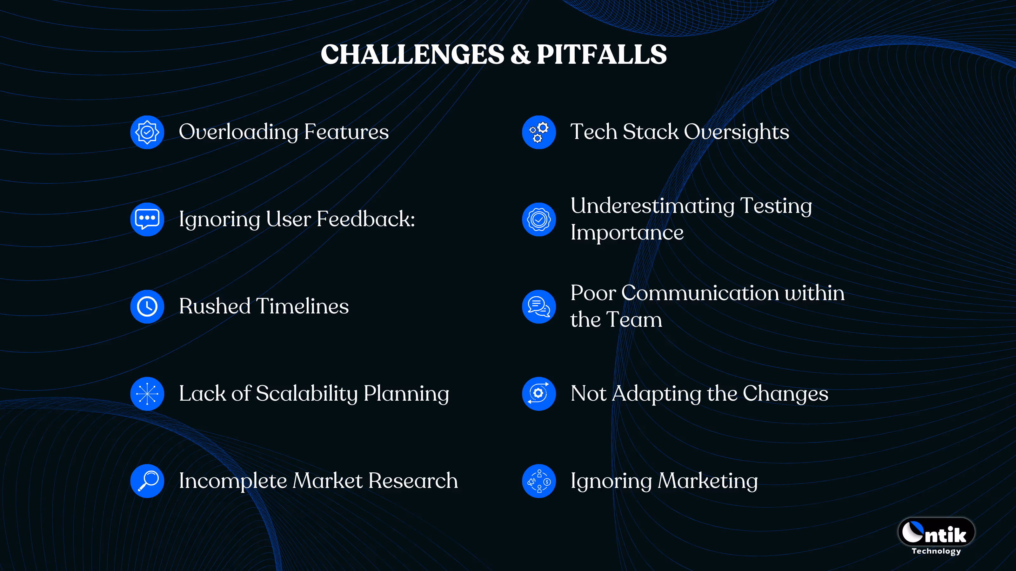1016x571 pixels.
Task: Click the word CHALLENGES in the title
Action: (x=412, y=54)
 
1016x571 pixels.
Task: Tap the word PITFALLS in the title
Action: (x=601, y=54)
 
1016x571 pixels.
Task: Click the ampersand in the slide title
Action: (x=520, y=54)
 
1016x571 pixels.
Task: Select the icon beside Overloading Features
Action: (x=147, y=132)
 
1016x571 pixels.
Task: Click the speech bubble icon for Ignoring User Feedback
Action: (x=147, y=219)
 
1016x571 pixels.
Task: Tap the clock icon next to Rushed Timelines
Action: (x=147, y=306)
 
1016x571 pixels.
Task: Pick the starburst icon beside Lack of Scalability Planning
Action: (x=147, y=394)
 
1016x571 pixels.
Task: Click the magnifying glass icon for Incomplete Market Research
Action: (x=147, y=481)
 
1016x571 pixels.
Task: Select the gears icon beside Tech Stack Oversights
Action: (x=539, y=132)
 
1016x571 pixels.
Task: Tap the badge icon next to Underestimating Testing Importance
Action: (x=539, y=219)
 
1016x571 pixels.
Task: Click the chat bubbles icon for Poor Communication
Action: (x=539, y=306)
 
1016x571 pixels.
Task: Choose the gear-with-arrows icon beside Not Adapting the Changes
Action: (x=539, y=394)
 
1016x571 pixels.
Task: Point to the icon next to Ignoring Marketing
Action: (x=539, y=481)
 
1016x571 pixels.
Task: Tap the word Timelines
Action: (x=303, y=306)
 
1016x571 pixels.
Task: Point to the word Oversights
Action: (x=736, y=132)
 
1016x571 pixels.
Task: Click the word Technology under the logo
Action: (x=936, y=551)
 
